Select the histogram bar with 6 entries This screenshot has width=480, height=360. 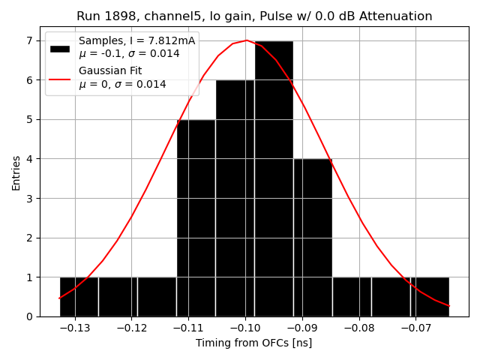click(235, 198)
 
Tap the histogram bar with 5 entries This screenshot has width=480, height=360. click(196, 217)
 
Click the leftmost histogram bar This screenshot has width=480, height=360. click(79, 297)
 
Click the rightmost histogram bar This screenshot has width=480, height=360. click(430, 297)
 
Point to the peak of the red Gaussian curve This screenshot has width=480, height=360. click(246, 40)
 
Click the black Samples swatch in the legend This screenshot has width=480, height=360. click(60, 48)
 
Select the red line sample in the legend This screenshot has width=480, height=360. click(60, 78)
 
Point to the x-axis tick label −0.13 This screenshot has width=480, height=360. click(73, 328)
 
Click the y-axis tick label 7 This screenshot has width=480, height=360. click(30, 40)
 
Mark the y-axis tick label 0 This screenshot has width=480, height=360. click(30, 316)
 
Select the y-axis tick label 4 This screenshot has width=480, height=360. click(30, 159)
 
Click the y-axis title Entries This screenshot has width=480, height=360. click(16, 172)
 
